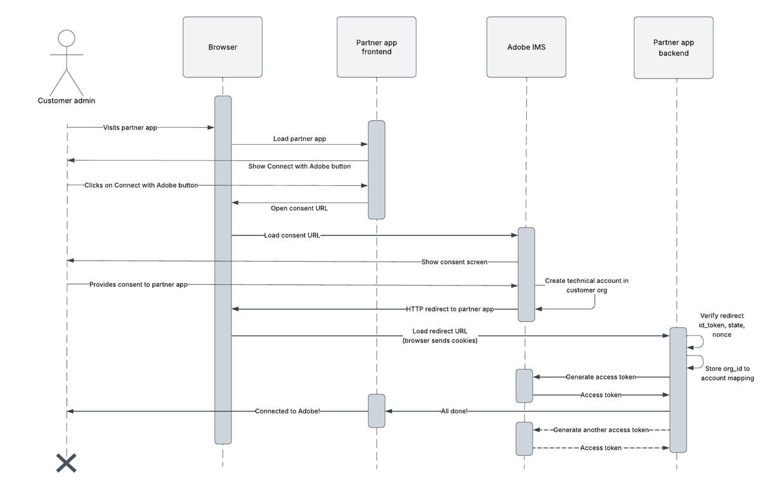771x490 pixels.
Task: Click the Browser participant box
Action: (x=222, y=48)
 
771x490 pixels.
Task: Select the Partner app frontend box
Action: (x=377, y=48)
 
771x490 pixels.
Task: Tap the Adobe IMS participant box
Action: (x=526, y=48)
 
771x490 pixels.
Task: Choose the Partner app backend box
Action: (x=673, y=48)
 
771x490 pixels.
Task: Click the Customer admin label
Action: (x=67, y=100)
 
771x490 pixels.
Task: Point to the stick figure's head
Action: (x=67, y=39)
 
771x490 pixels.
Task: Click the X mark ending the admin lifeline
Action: (x=66, y=463)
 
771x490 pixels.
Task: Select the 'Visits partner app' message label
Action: (x=130, y=127)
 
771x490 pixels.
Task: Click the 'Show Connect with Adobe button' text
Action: (x=299, y=166)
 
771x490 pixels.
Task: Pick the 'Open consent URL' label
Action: (x=299, y=208)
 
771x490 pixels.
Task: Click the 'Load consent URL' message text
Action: (x=292, y=235)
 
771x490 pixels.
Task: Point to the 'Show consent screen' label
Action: (x=454, y=262)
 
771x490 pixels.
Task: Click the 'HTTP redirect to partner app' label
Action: (x=450, y=309)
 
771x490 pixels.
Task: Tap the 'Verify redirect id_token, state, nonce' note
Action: (x=722, y=325)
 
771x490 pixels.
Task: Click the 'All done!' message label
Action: (x=454, y=411)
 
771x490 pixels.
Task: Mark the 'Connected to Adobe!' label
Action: (x=287, y=411)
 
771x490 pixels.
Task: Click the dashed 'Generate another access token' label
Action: (x=601, y=430)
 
